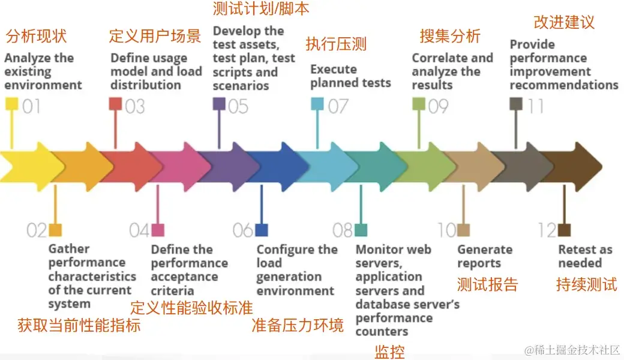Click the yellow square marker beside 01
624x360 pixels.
point(11,105)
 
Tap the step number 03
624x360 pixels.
point(135,106)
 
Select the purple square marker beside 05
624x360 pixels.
point(219,104)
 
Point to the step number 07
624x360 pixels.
point(338,106)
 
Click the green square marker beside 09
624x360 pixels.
point(419,104)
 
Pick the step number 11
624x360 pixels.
point(535,106)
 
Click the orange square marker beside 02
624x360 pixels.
point(55,230)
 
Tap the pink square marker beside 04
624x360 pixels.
point(158,230)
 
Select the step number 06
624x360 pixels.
point(243,230)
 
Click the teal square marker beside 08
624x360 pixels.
point(361,230)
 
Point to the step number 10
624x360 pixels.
point(446,230)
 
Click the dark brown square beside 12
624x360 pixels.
point(564,230)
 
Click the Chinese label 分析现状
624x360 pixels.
point(36,36)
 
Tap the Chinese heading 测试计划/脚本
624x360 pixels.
point(262,9)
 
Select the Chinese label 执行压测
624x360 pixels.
point(336,44)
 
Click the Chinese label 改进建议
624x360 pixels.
point(564,22)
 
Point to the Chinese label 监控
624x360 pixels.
point(389,352)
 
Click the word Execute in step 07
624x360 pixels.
point(334,69)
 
